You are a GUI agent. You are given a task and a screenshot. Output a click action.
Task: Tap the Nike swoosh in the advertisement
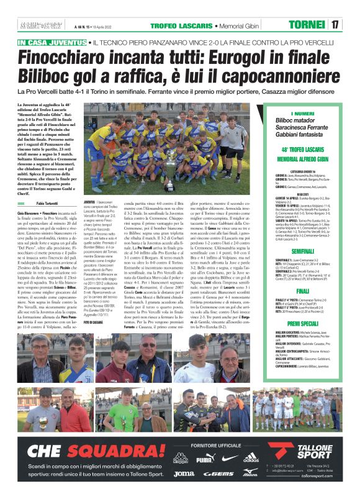(x=228, y=459)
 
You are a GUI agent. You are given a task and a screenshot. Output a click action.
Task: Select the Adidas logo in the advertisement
(x=251, y=459)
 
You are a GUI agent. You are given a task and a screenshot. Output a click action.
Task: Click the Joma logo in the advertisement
(x=183, y=474)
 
